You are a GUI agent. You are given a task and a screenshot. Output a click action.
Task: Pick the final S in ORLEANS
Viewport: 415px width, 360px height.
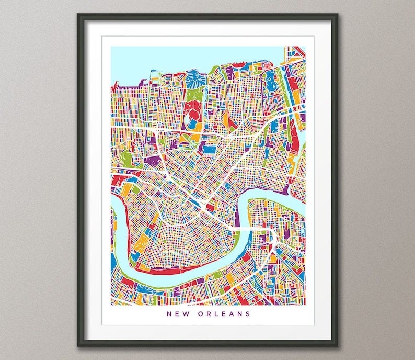tap(248, 314)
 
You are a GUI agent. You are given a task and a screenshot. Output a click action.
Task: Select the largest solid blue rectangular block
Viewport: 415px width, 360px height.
tap(209, 150)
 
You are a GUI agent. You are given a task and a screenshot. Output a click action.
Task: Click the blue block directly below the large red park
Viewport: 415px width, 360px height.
tap(193, 126)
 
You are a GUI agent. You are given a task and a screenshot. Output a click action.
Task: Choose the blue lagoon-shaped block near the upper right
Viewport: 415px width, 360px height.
tap(271, 82)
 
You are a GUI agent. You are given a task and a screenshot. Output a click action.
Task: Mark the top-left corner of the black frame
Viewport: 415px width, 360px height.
tap(78, 15)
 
